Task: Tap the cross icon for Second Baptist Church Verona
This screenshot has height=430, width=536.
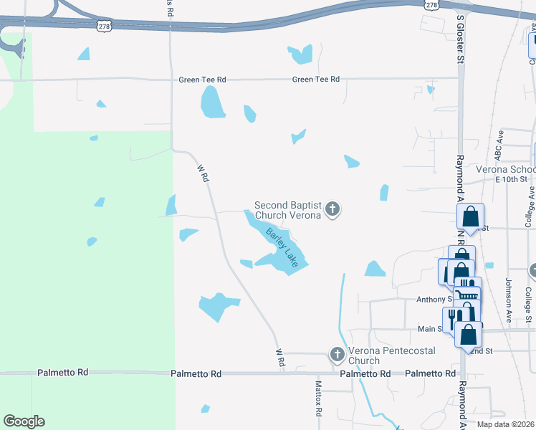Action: click(332, 209)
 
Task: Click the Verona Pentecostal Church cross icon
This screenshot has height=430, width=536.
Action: click(338, 354)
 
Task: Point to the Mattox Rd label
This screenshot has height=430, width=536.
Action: click(320, 400)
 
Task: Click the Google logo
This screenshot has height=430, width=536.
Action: click(24, 421)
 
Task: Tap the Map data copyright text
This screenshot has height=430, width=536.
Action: click(506, 424)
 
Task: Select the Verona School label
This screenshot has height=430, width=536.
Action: click(505, 170)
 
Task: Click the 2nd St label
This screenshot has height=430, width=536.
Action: click(480, 350)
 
